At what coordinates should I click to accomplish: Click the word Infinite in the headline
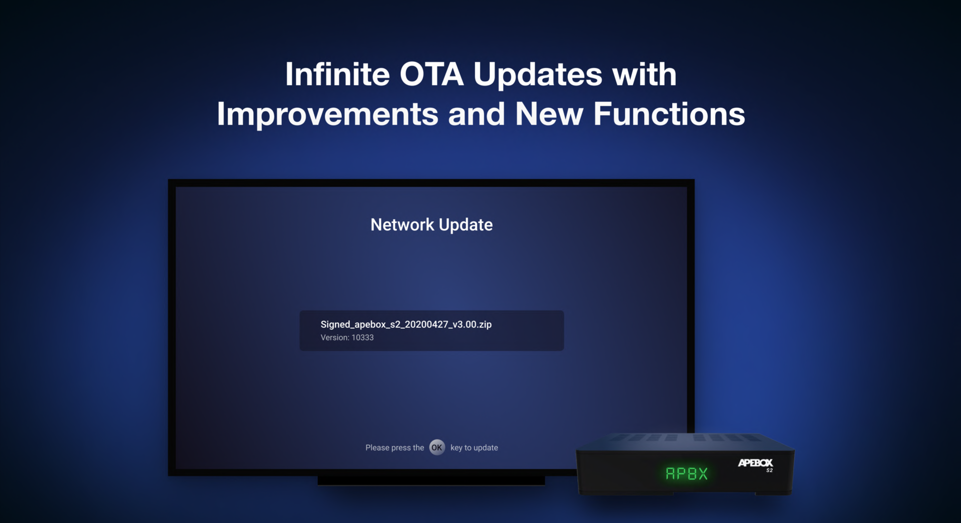337,74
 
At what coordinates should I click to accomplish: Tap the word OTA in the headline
431,74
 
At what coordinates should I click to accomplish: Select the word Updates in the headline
538,75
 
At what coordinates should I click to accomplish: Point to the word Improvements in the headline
327,114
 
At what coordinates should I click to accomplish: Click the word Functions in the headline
669,114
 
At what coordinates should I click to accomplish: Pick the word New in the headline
549,114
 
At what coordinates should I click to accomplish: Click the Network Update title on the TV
431,225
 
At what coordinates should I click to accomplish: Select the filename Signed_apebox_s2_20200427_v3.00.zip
406,324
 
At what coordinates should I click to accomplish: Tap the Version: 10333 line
347,337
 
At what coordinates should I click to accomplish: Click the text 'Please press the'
394,447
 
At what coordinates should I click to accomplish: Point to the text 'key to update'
474,447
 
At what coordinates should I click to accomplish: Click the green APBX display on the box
687,473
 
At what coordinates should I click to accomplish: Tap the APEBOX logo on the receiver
755,463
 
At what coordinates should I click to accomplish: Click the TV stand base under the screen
431,480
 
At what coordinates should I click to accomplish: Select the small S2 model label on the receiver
769,470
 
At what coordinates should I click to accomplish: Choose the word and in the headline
476,114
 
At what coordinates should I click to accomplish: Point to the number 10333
362,337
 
